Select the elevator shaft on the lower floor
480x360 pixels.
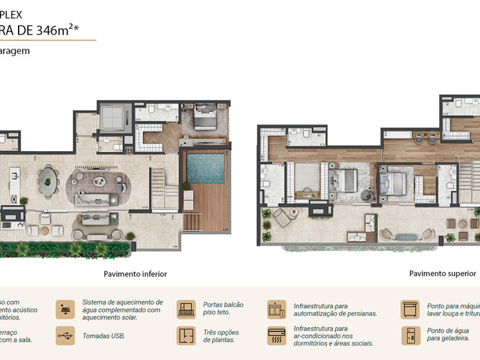pyautogui.click(x=112, y=116)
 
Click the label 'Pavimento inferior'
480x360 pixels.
pyautogui.click(x=135, y=274)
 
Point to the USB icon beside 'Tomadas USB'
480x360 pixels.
pyautogui.click(x=65, y=335)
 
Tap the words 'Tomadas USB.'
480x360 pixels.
pyautogui.click(x=104, y=336)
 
